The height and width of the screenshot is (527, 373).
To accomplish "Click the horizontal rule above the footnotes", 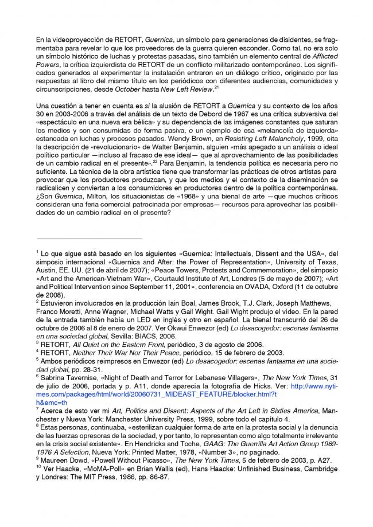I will pyautogui.click(x=89, y=239).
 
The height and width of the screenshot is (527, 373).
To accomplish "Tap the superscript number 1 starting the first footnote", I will pyautogui.click(x=37, y=251).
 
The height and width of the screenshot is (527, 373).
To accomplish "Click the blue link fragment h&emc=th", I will pyautogui.click(x=52, y=403).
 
